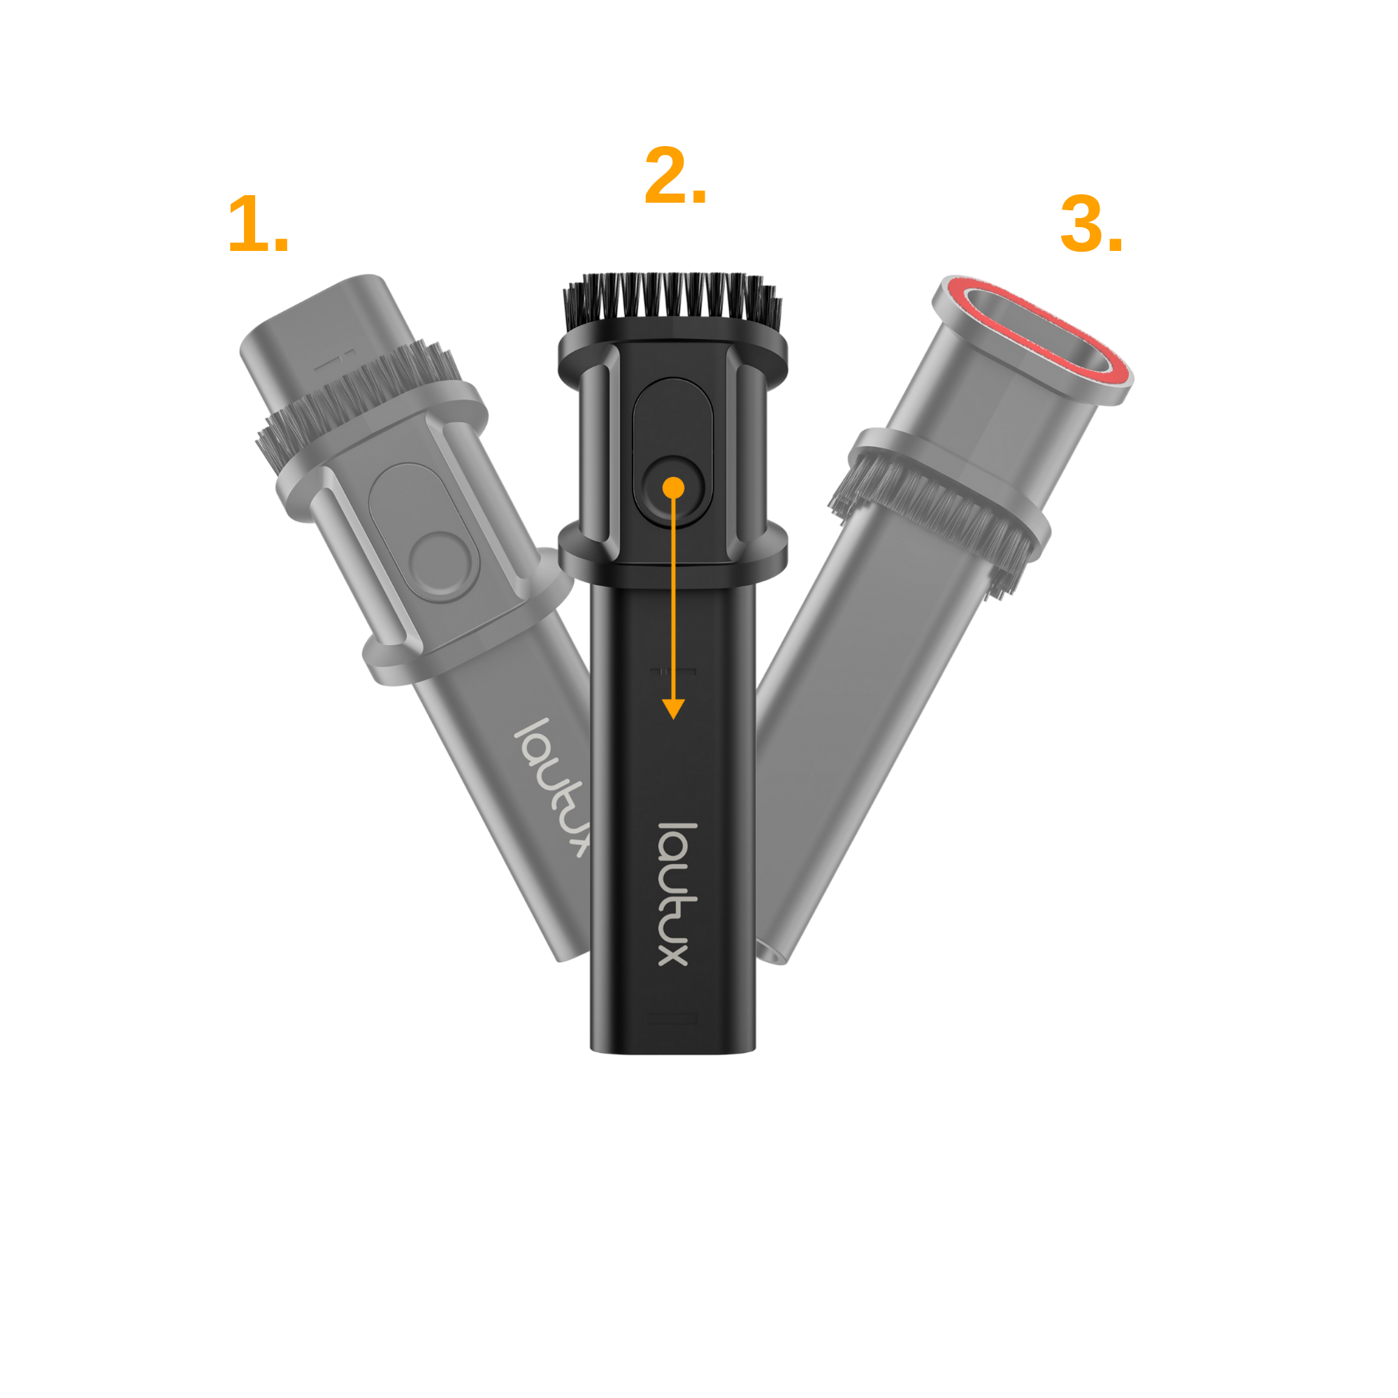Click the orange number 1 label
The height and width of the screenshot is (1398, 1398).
tap(259, 224)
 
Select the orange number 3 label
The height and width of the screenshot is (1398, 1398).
tap(1091, 224)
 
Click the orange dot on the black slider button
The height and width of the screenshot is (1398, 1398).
tap(673, 488)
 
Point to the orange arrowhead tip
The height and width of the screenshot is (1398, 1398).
tap(673, 719)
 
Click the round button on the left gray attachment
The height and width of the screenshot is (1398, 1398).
tap(443, 568)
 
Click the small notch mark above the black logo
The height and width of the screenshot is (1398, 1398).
tap(673, 672)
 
